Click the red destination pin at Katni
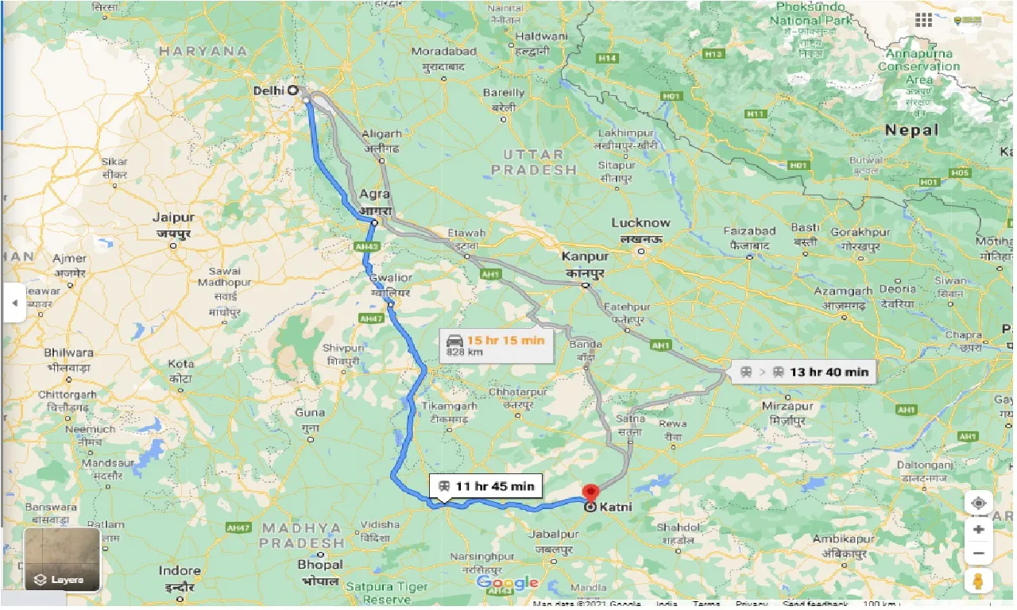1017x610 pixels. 590,492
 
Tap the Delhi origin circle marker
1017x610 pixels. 293,91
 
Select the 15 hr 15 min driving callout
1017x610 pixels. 497,345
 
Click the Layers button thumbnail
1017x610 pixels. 62,559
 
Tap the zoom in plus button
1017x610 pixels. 979,529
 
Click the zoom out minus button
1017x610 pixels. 979,554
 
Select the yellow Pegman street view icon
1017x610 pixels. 979,581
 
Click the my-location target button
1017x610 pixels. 979,504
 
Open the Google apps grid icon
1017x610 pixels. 923,20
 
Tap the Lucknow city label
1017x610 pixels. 640,223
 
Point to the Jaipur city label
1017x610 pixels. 173,218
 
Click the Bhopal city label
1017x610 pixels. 320,565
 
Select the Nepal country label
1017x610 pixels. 911,129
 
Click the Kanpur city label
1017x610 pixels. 585,257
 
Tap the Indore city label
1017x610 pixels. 179,571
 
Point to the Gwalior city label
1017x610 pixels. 391,278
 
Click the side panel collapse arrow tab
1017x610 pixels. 14,303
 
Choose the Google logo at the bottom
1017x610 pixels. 508,583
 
